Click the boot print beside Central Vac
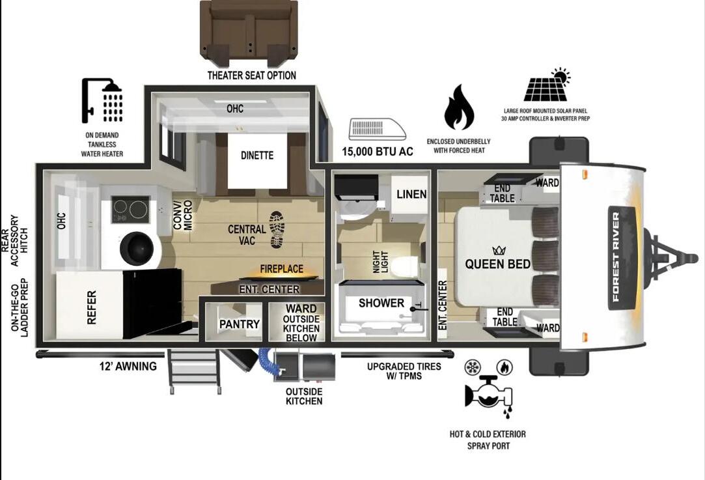(277, 229)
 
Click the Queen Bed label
(498, 264)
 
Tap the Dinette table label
(256, 155)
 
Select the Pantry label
(239, 324)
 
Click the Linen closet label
(411, 194)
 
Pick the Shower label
(381, 304)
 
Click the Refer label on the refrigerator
(92, 307)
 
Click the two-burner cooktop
(130, 210)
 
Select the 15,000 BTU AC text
(377, 151)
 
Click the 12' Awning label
(128, 366)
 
